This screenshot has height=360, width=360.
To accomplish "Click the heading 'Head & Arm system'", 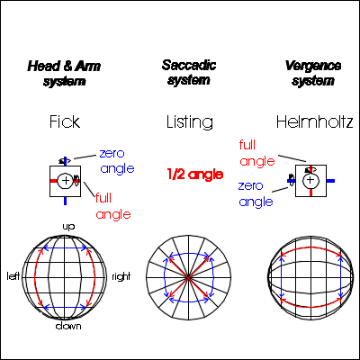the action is click(64, 74).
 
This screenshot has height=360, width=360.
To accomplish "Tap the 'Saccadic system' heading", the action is click(189, 73).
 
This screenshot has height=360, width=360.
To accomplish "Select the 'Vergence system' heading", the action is click(313, 73).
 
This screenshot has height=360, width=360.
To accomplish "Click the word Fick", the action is click(65, 121).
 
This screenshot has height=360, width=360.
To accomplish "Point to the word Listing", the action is click(190, 122).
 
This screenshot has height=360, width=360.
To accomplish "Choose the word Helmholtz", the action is click(314, 121).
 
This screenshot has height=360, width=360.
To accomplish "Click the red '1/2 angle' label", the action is click(195, 175).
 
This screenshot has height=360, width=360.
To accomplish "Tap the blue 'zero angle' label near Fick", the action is click(117, 161).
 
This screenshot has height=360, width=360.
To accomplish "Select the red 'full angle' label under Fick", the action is click(113, 206).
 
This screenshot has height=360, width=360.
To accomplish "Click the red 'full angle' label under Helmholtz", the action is click(257, 153).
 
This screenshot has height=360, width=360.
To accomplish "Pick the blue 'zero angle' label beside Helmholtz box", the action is click(256, 194).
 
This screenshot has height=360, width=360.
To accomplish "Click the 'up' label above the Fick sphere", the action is click(68, 227).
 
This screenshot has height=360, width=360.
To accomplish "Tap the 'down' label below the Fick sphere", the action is click(68, 326).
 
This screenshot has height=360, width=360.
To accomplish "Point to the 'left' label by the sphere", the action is click(13, 275).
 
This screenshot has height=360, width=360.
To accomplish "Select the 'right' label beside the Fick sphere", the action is click(121, 276).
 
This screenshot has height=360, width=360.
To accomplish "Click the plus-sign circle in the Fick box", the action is click(66, 181).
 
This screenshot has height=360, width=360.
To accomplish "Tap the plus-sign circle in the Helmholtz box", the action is click(310, 180).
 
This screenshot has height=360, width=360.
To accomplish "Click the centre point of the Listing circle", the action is click(188, 278).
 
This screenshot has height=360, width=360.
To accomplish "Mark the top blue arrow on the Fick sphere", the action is click(65, 248).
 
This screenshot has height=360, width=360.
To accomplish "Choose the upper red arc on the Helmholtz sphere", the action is click(310, 247).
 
